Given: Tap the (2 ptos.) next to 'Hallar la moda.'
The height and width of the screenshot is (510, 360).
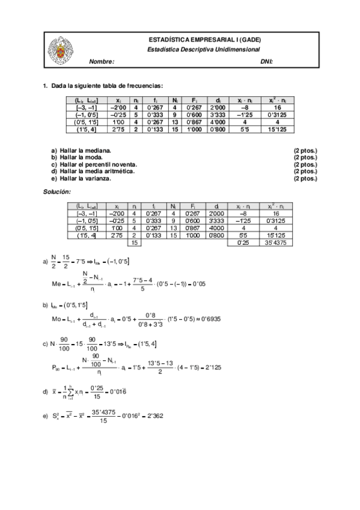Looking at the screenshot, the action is pos(305,157).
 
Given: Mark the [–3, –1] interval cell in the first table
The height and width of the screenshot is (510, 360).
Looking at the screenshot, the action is pos(86,106).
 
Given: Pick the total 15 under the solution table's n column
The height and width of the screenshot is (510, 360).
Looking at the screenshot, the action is pos(135,242).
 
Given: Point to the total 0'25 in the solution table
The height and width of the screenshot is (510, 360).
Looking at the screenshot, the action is pos(244,242).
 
